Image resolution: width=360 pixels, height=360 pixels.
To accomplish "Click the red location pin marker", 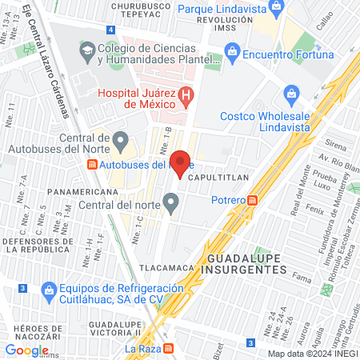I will (182, 162).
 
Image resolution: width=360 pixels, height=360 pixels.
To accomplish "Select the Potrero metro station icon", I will (253, 200).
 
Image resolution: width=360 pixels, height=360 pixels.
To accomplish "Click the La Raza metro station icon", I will (168, 349).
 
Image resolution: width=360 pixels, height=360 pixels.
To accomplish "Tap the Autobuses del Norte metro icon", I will (92, 165).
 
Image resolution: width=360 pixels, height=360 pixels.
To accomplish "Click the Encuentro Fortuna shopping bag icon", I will (233, 54).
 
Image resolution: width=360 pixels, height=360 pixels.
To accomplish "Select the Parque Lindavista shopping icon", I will (277, 8).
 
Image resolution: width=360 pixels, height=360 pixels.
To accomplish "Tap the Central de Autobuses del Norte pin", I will (121, 144).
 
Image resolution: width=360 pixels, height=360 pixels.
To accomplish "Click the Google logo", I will (26, 350).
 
